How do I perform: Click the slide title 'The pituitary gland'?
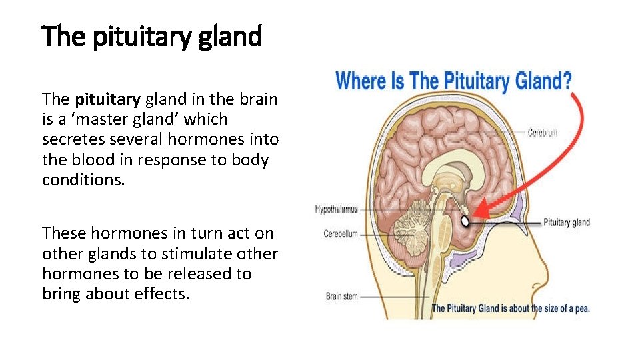[x=152, y=37]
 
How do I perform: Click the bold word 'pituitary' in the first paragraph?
[x=107, y=100]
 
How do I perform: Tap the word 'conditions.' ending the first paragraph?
[x=83, y=180]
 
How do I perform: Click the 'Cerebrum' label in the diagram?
[x=542, y=133]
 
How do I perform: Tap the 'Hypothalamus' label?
[x=336, y=209]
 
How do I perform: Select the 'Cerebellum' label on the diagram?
[x=340, y=234]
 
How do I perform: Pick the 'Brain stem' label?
[x=341, y=297]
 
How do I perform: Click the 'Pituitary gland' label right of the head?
[x=567, y=223]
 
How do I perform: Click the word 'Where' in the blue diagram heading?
[x=361, y=81]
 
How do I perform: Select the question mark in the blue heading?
[x=565, y=81]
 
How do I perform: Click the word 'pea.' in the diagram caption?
[x=581, y=308]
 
